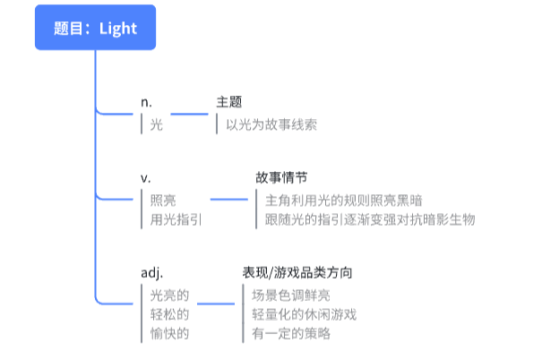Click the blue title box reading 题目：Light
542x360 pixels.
click(95, 27)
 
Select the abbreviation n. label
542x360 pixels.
click(146, 102)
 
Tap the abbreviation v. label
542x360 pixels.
click(145, 178)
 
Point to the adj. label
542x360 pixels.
click(151, 273)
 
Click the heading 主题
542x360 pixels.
click(228, 102)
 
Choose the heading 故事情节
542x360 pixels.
click(281, 177)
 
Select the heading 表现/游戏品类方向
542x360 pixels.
click(297, 272)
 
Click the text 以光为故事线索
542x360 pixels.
click(271, 124)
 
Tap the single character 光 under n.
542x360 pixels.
click(156, 124)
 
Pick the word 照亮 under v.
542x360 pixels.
click(163, 201)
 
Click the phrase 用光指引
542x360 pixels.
click(176, 219)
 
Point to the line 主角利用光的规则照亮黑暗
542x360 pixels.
click(344, 201)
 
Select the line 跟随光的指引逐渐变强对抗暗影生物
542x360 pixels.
click(370, 219)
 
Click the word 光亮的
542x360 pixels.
click(169, 296)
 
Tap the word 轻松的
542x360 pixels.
click(169, 314)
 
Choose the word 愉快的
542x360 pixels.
click(169, 333)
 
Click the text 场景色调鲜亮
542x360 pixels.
click(290, 296)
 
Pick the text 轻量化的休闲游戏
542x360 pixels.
click(304, 314)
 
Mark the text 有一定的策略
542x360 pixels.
click(290, 333)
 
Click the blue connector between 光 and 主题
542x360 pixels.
click(189, 114)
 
